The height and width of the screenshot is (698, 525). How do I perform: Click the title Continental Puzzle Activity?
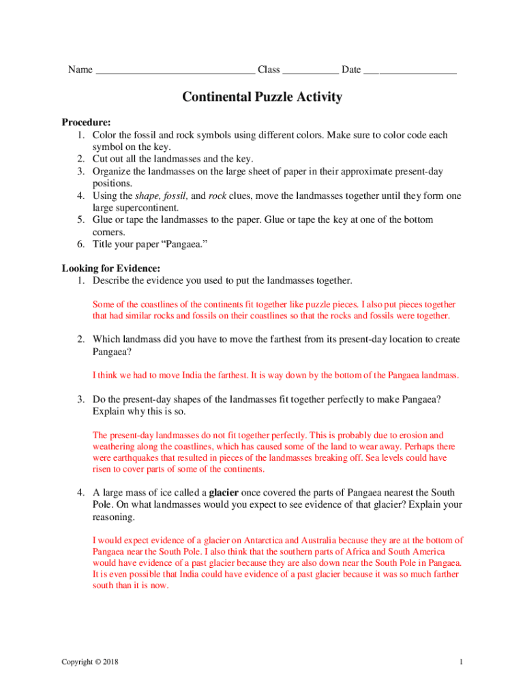tap(262, 97)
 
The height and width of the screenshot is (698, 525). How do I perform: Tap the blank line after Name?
tap(175, 71)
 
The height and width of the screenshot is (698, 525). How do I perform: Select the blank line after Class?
tap(310, 71)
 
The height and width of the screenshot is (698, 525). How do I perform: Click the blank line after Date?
tap(410, 71)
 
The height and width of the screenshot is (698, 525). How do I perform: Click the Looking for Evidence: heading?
tap(110, 269)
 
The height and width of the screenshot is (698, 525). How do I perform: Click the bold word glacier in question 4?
tap(223, 493)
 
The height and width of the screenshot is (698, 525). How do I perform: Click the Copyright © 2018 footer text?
tap(89, 663)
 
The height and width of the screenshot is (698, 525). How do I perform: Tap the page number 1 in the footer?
tap(462, 663)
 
